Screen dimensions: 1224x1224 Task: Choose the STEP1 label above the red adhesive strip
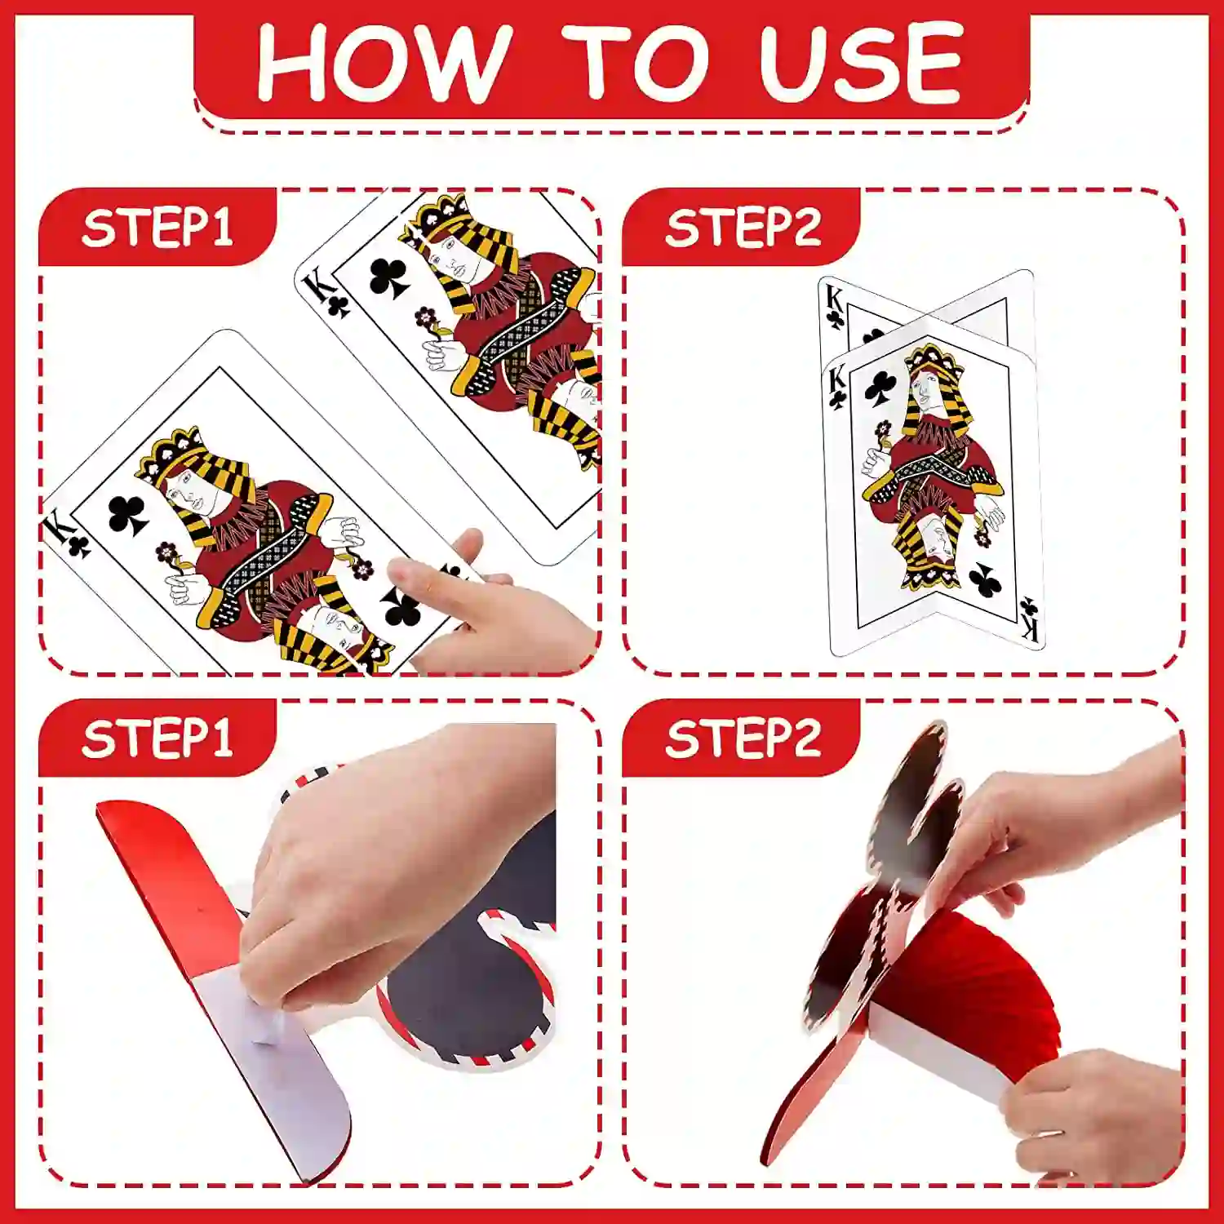(157, 738)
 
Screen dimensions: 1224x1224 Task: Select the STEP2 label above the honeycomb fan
(743, 738)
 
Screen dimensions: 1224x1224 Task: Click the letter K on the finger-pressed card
(57, 530)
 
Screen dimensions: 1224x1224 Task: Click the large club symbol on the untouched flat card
(388, 277)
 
